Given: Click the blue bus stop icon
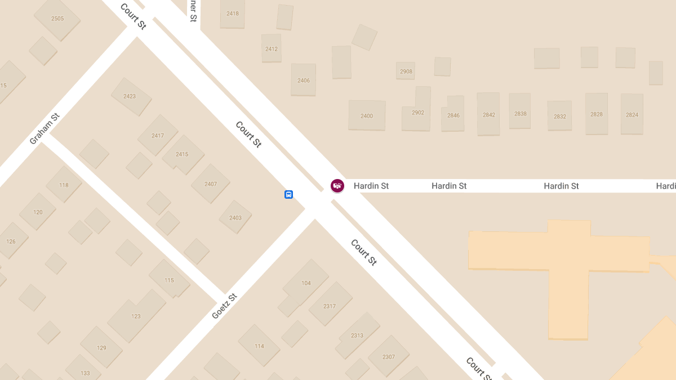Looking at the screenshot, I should pyautogui.click(x=288, y=195).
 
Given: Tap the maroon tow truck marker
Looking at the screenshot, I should pyautogui.click(x=337, y=186).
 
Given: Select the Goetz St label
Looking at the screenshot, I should pyautogui.click(x=224, y=306).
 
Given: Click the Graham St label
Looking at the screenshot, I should pyautogui.click(x=45, y=129).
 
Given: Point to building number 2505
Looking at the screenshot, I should pyautogui.click(x=57, y=19).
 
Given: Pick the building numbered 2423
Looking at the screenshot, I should pyautogui.click(x=130, y=96).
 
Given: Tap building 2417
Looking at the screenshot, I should pyautogui.click(x=158, y=136).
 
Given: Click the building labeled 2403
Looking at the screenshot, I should pyautogui.click(x=235, y=218).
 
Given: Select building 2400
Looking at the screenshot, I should pyautogui.click(x=367, y=116).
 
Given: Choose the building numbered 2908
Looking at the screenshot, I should pyautogui.click(x=406, y=71).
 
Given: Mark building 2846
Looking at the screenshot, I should pyautogui.click(x=453, y=115).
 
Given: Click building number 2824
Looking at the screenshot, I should pyautogui.click(x=632, y=115).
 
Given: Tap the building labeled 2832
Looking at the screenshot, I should pyautogui.click(x=560, y=117).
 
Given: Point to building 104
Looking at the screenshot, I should pyautogui.click(x=306, y=283).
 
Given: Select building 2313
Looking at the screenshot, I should pyautogui.click(x=357, y=336).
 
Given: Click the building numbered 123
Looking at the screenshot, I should pyautogui.click(x=136, y=316).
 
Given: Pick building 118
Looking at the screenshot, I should pyautogui.click(x=64, y=185).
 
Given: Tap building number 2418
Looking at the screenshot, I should pyautogui.click(x=233, y=14).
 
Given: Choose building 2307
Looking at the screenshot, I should pyautogui.click(x=389, y=357).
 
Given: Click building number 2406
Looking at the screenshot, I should pyautogui.click(x=304, y=81).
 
